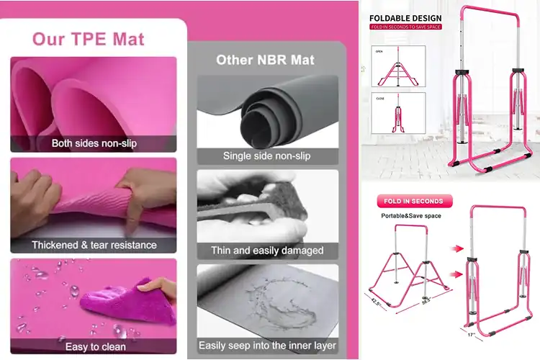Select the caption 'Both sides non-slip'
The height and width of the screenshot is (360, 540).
tap(94, 143)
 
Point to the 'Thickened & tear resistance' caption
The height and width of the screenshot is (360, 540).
tap(94, 245)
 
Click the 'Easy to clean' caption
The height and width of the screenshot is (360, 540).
tap(94, 346)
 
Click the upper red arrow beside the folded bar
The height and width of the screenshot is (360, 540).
tap(455, 248)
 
